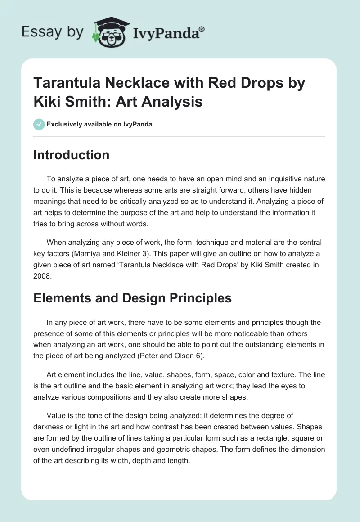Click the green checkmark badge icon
point(39,124)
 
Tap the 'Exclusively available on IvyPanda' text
point(99,124)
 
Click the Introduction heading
point(72,155)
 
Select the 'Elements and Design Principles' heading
point(133,297)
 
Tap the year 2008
point(43,277)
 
